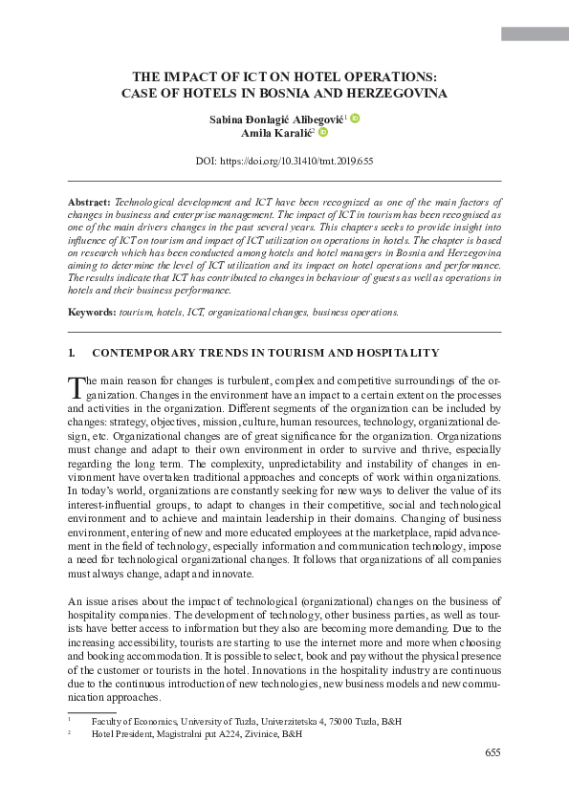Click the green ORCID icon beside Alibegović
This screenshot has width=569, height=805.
(355, 118)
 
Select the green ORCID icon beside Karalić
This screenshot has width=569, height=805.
(323, 133)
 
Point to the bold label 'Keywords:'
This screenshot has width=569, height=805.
(92, 313)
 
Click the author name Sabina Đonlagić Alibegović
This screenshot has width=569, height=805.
(277, 119)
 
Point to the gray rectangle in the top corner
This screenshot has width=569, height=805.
(535, 33)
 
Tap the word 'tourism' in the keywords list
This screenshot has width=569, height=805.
(135, 313)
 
